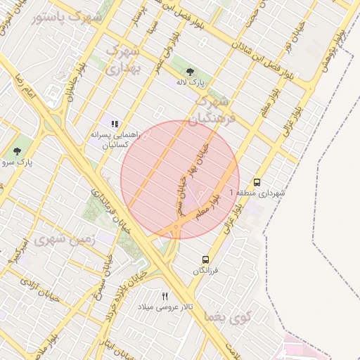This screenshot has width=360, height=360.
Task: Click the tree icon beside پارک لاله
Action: click(x=190, y=71)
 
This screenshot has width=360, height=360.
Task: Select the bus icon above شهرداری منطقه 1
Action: click(x=257, y=181)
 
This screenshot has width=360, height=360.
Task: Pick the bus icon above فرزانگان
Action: click(x=205, y=259)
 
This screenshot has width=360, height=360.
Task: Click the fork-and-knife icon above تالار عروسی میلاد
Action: click(x=165, y=296)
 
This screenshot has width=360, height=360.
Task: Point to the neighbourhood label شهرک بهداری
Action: click(x=123, y=59)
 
